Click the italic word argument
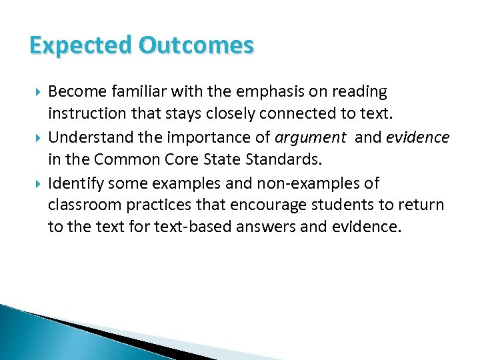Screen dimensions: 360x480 (311, 138)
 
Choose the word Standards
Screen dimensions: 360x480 (271, 161)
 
